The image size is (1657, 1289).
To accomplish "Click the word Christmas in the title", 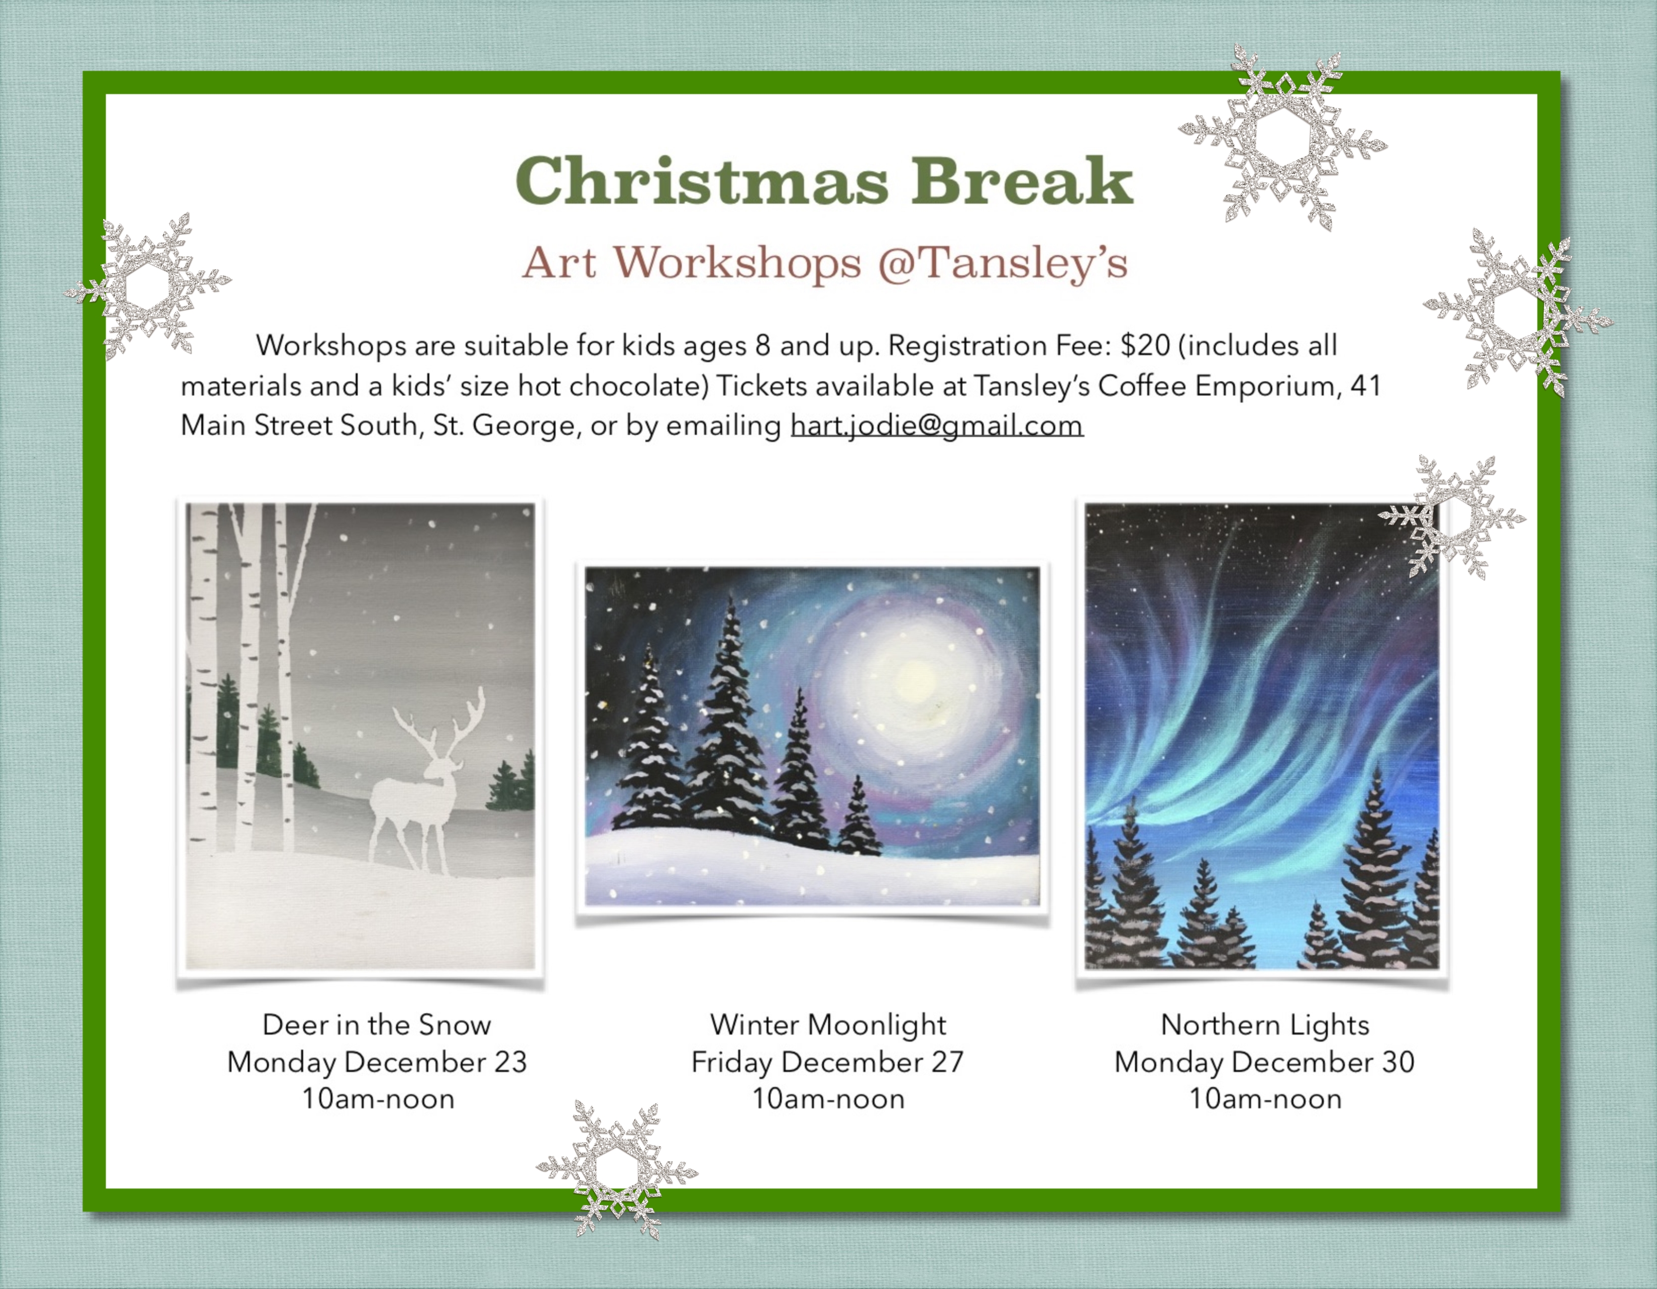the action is point(702,181).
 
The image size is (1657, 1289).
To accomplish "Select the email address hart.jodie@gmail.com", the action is point(937,426).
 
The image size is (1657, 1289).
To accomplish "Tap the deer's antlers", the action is point(440,721).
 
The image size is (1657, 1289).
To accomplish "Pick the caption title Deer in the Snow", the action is point(377,1025).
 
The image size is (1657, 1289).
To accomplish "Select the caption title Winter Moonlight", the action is point(828,1025).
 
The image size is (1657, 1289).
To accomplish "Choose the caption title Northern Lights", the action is point(1265,1025).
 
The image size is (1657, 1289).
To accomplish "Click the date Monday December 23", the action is point(377,1062).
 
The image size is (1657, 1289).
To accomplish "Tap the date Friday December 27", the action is point(828,1062).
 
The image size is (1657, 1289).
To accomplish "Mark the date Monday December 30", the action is point(1265,1062).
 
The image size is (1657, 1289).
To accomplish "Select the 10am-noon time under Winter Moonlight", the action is point(828,1098).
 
